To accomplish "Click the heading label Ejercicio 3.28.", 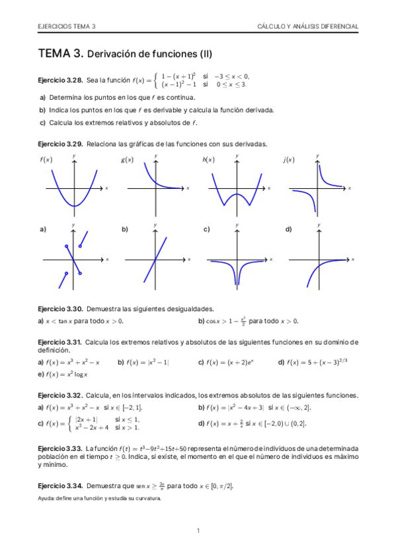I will [x=60, y=81].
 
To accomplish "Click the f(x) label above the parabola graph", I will [x=46, y=160].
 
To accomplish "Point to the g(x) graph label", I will [x=127, y=160].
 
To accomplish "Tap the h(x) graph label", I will [x=208, y=160].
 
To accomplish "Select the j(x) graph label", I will [x=288, y=160].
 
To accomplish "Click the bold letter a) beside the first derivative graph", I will [x=43, y=229].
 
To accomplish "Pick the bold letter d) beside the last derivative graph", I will [x=288, y=229].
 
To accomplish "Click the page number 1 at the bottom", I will [x=198, y=530].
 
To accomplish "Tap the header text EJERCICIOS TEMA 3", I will [x=67, y=26].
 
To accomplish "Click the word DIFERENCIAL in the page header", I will [x=338, y=26].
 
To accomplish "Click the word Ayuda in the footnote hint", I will [x=46, y=499].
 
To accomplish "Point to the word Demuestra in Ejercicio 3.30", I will [x=101, y=308].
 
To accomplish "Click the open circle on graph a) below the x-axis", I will [x=80, y=273].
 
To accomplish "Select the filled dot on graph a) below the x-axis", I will [x=66, y=273].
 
